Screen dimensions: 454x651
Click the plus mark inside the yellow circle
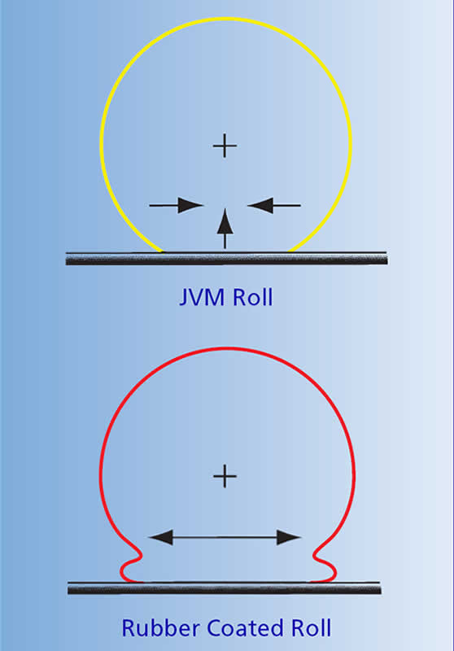click(x=225, y=146)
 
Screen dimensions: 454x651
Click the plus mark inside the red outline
click(x=225, y=476)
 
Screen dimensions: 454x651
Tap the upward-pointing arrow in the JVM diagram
click(x=225, y=229)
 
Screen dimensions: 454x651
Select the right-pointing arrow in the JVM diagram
click(x=176, y=205)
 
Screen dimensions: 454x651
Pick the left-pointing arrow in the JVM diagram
click(x=274, y=205)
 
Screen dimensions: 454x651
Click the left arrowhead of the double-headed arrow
click(x=160, y=537)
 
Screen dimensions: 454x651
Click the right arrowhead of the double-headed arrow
click(x=289, y=537)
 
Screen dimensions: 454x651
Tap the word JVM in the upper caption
click(x=202, y=297)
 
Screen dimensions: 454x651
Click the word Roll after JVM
click(x=253, y=297)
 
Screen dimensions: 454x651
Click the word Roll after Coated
click(x=312, y=627)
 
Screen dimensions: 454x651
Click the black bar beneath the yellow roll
click(x=226, y=258)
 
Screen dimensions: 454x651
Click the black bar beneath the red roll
click(x=225, y=588)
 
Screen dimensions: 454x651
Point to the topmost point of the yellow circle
click(x=226, y=19)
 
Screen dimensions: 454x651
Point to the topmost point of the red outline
click(x=228, y=348)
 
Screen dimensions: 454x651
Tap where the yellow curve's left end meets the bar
click(x=162, y=251)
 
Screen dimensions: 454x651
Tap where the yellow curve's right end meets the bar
click(x=290, y=251)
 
